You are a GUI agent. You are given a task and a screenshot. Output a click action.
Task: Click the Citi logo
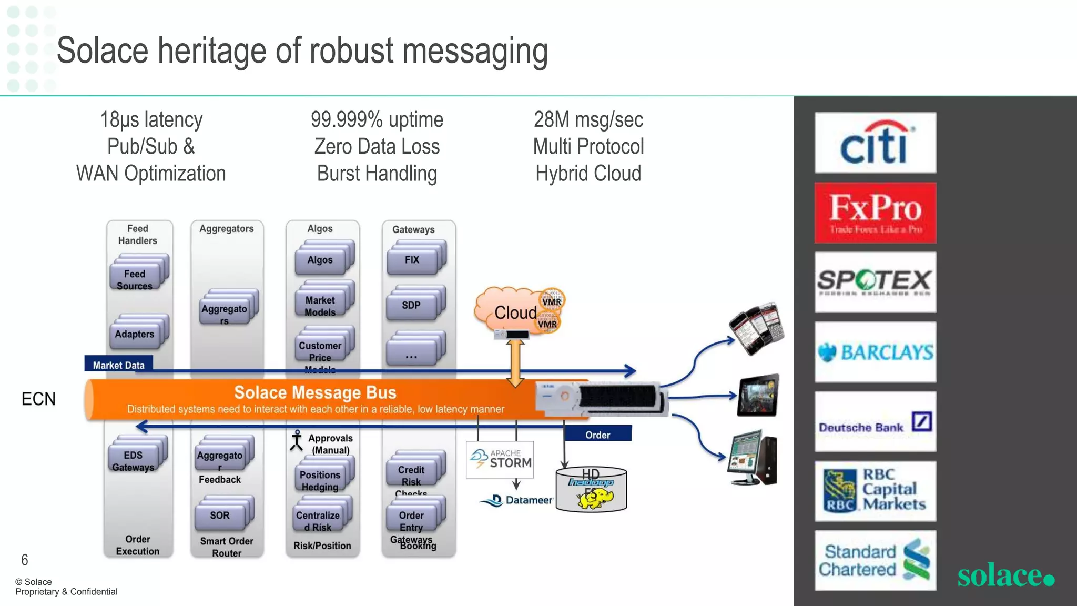click(x=875, y=143)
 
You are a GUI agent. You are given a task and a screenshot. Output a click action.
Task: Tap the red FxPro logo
click(x=875, y=213)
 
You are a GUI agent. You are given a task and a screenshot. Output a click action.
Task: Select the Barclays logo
click(x=875, y=352)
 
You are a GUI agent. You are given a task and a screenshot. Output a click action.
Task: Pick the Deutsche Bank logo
click(x=875, y=422)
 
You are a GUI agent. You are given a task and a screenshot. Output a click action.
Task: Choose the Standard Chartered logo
click(x=875, y=561)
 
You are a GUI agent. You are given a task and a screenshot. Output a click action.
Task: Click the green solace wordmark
click(x=1005, y=574)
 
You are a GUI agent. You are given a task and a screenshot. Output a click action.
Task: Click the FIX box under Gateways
click(x=413, y=260)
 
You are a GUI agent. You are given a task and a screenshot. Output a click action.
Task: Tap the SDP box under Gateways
click(x=412, y=305)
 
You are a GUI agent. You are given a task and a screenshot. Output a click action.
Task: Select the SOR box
click(x=220, y=515)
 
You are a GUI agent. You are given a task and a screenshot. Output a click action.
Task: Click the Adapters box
click(x=135, y=334)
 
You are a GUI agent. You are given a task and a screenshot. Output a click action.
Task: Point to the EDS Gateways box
click(x=134, y=460)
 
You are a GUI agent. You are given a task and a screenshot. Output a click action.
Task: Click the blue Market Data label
click(x=118, y=365)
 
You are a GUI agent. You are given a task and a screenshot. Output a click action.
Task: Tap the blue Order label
click(x=597, y=435)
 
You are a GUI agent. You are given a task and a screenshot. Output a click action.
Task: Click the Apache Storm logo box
click(x=500, y=459)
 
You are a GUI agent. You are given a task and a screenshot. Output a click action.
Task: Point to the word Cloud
click(x=515, y=312)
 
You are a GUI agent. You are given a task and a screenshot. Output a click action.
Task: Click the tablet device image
click(x=758, y=396)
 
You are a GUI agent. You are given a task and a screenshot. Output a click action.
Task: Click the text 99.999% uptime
click(x=377, y=119)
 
